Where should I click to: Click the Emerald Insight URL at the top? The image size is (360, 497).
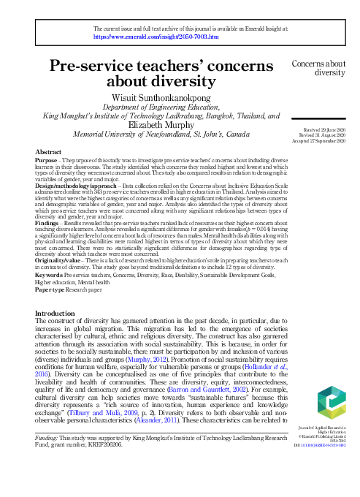tap(156, 35)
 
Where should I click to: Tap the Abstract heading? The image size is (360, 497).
tap(49, 151)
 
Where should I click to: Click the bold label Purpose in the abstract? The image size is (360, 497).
tap(48, 159)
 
